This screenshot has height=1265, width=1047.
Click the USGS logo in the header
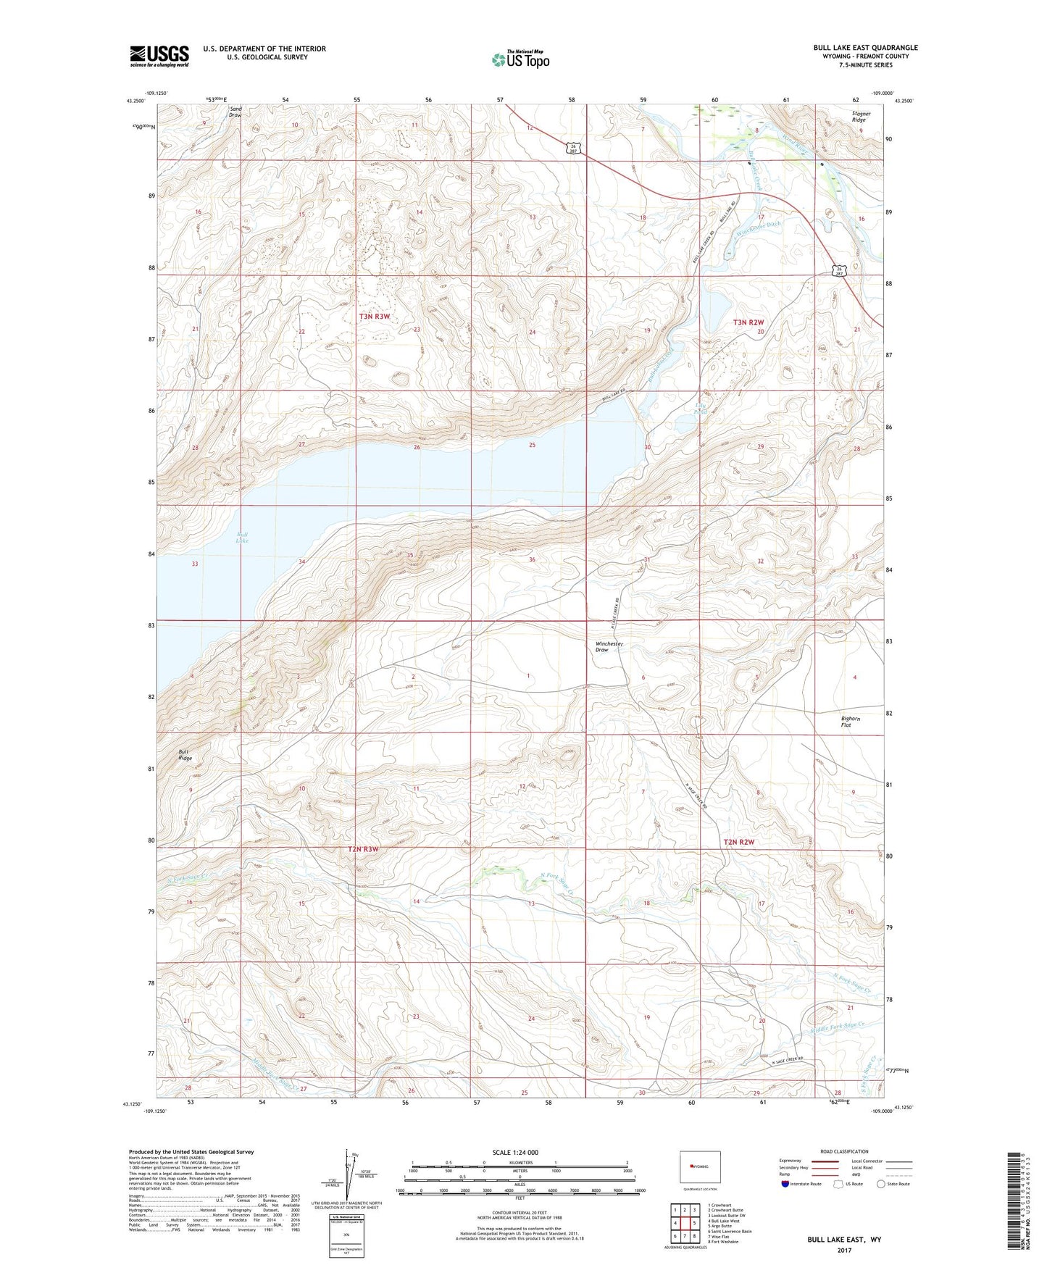click(159, 55)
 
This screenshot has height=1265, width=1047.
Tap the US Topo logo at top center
click(520, 59)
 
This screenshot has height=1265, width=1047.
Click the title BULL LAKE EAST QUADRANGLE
click(865, 48)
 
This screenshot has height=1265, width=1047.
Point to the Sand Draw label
click(235, 112)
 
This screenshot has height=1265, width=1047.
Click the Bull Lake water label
click(242, 537)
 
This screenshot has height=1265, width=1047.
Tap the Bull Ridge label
click(185, 755)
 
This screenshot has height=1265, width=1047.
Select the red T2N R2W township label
click(738, 842)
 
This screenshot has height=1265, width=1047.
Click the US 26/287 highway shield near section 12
click(573, 148)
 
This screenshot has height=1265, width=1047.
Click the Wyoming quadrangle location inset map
click(699, 1169)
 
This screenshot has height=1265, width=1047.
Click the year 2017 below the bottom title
click(844, 1250)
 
